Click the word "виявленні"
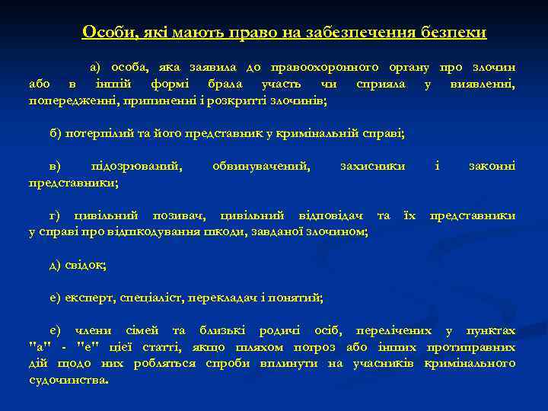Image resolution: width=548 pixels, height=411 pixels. click(483, 84)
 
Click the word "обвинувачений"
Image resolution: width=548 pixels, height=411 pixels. click(261, 166)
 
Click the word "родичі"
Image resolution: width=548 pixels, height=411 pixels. click(280, 330)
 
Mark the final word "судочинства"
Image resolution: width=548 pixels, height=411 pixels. click(68, 378)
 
